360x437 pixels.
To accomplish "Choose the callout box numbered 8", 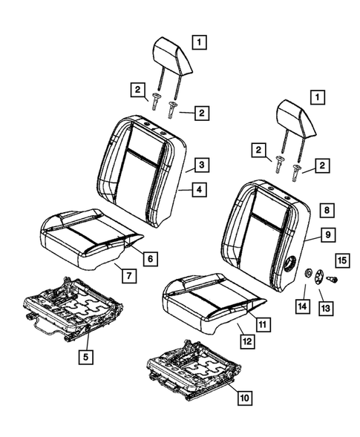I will click(x=327, y=210).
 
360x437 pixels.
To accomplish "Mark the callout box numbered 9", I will click(x=327, y=235).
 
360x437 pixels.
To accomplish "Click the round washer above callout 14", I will click(x=305, y=277).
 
